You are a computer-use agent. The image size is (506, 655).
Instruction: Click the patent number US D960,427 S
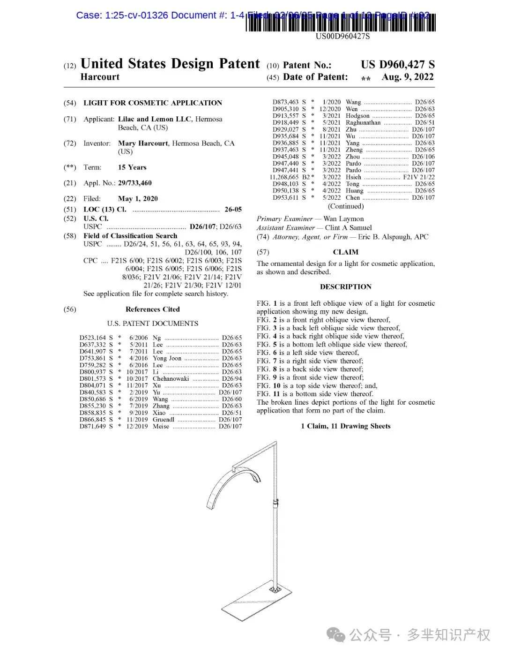(397, 65)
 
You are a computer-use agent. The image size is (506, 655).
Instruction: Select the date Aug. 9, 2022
(408, 77)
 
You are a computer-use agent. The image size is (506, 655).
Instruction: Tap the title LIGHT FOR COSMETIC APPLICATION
(153, 103)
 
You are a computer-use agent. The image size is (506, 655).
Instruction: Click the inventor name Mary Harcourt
(143, 143)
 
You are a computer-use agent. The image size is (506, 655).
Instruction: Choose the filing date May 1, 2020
(138, 199)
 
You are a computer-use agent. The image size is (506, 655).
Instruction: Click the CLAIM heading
(345, 252)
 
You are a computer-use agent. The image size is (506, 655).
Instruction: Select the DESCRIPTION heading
(345, 287)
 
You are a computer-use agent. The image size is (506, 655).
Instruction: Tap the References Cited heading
(152, 309)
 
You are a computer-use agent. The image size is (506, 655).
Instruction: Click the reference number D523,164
(93, 338)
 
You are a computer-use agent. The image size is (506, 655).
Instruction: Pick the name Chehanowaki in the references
(171, 379)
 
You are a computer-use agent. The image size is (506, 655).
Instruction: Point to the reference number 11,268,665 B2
(290, 177)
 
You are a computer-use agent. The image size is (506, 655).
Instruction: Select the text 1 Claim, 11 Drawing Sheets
(345, 426)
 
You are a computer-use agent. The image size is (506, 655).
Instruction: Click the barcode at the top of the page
(341, 23)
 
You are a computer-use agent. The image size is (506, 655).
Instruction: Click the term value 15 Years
(132, 167)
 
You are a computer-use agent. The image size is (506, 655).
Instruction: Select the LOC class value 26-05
(233, 210)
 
